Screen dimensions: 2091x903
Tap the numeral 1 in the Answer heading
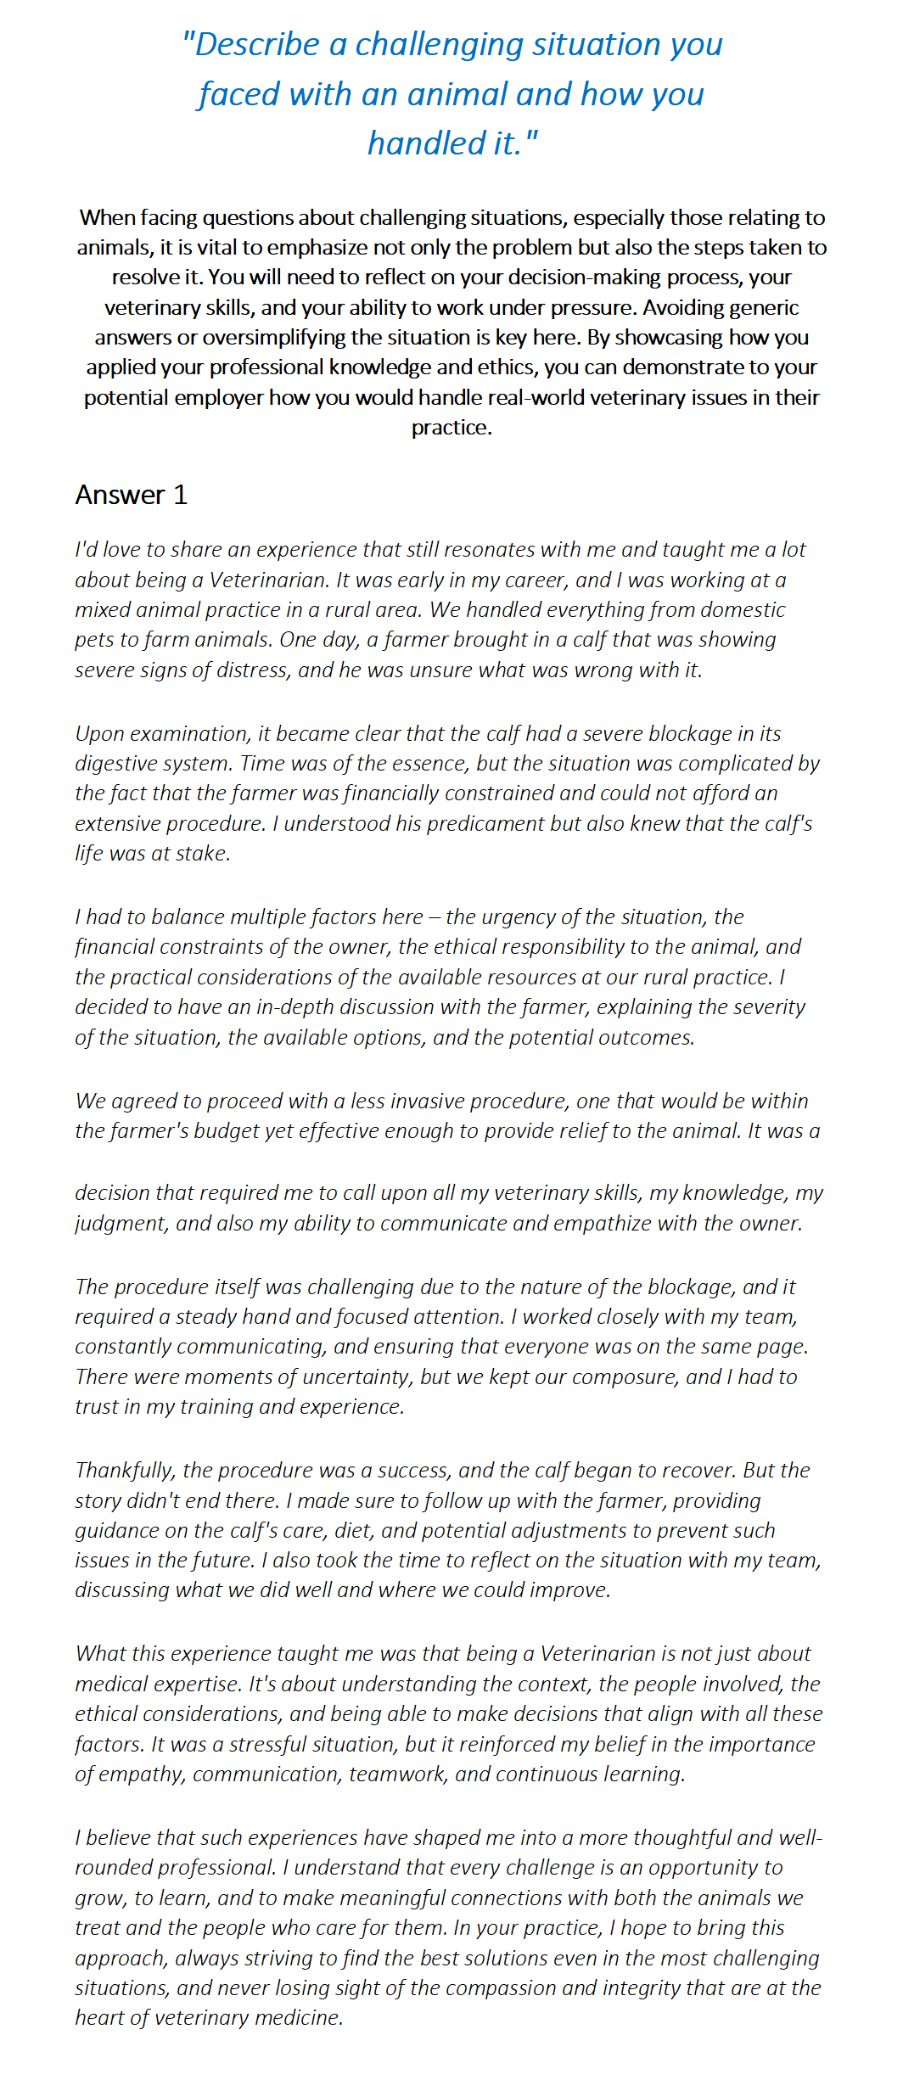click(x=180, y=495)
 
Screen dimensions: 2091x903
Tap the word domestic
click(x=743, y=609)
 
